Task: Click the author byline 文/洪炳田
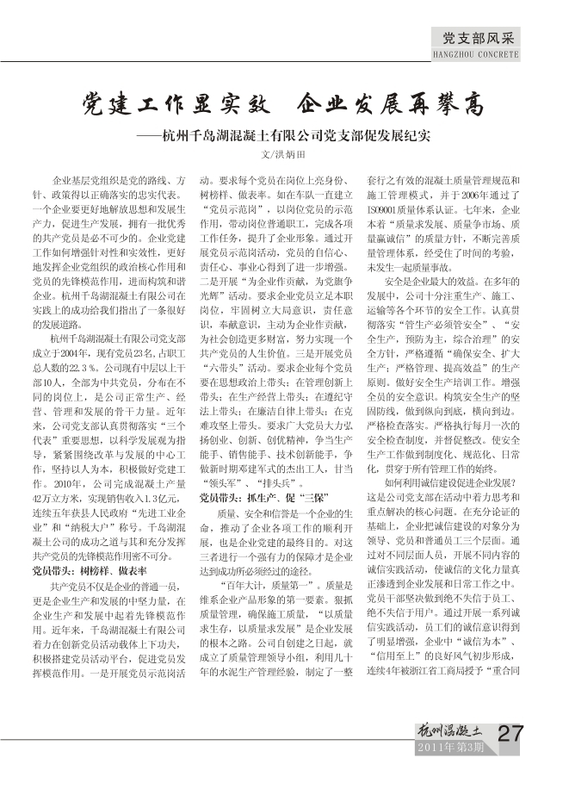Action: point(284,156)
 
